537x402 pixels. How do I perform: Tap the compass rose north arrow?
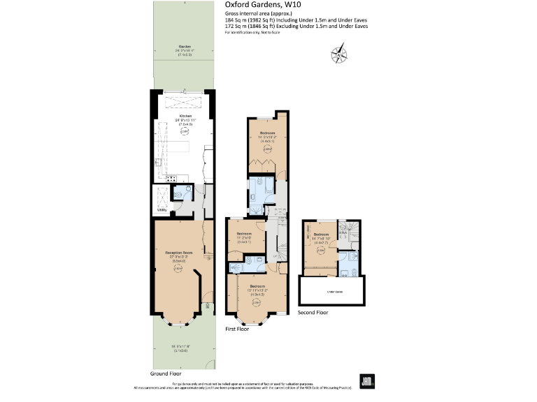pyautogui.click(x=341, y=52)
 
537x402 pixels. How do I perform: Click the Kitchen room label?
pyautogui.click(x=185, y=116)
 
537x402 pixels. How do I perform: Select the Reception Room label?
pyautogui.click(x=179, y=251)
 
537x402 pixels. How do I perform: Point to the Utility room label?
pyautogui.click(x=161, y=209)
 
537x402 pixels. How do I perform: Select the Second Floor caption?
pyautogui.click(x=313, y=313)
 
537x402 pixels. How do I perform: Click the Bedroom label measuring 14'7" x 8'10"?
pyautogui.click(x=321, y=234)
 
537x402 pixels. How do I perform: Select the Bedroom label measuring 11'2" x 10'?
pyautogui.click(x=243, y=234)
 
